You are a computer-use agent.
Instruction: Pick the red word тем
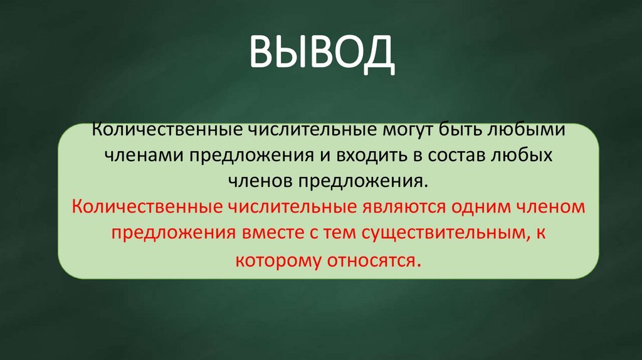[x=339, y=233]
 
